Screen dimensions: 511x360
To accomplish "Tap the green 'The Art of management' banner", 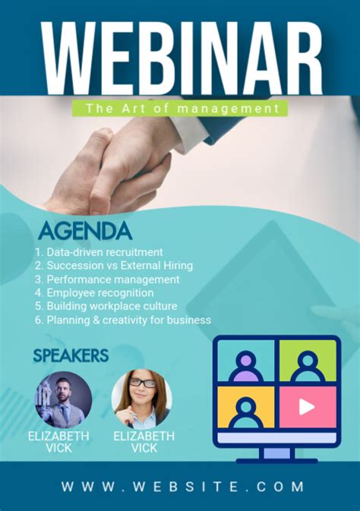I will tap(180, 109).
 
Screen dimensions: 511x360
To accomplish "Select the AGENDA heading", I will tap(85, 231).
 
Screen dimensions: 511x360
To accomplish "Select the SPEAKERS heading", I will tap(71, 355).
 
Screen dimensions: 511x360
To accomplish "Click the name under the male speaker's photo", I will tap(58, 442).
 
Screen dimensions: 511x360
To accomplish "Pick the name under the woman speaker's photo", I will tap(144, 442).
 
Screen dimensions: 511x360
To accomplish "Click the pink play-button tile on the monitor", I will tap(307, 406).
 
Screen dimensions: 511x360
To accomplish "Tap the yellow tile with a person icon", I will tap(246, 406).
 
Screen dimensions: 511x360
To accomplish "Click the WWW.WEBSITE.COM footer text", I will tap(182, 487).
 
